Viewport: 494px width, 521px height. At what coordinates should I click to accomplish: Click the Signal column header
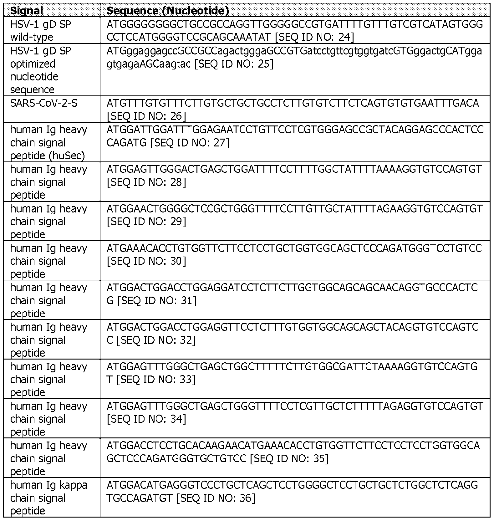(x=27, y=11)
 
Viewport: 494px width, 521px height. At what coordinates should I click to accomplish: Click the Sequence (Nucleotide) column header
(x=167, y=11)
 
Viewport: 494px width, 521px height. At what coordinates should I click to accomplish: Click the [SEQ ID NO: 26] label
(x=146, y=116)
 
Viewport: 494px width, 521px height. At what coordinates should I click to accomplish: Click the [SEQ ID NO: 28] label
(x=146, y=182)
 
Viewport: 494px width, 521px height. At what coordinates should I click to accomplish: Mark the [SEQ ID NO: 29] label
(x=146, y=222)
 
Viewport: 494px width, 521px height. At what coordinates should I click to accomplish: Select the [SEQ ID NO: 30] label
(x=146, y=261)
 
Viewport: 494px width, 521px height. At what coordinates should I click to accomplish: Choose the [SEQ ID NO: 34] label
(x=146, y=419)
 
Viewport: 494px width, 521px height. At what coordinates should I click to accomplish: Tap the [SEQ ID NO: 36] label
(x=216, y=498)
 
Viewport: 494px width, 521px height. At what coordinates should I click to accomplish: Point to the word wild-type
(x=32, y=37)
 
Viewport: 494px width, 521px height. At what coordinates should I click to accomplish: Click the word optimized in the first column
(x=33, y=64)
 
